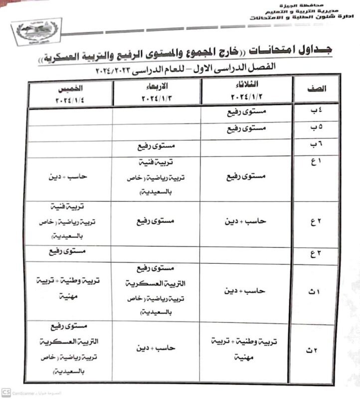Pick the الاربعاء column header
coord(157,90)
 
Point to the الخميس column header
coord(70,90)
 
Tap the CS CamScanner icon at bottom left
coord(6,393)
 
